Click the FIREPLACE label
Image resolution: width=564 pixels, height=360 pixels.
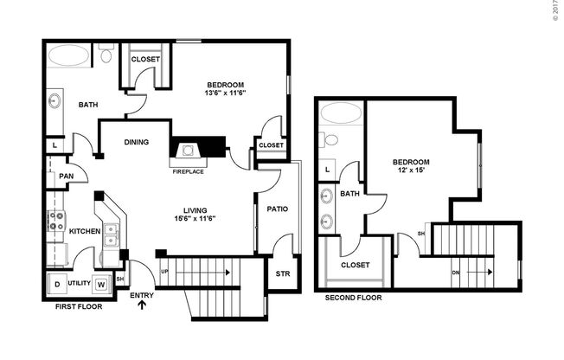coord(188,171)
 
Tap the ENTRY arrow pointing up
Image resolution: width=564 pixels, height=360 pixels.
coord(140,305)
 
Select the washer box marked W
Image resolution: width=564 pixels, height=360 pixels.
coord(100,284)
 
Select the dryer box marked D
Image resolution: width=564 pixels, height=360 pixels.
coord(58,284)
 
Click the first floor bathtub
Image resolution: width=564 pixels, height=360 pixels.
coord(68,55)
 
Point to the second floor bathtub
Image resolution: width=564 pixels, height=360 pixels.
coord(340,112)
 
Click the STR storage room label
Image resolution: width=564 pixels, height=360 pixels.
coord(283,275)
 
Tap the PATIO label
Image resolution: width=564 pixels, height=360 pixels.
coord(277,209)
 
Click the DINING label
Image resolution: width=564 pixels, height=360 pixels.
coord(137,143)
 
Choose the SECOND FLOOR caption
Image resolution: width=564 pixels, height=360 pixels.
coord(353,298)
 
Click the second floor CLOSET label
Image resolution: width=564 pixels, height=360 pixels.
coord(355,265)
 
